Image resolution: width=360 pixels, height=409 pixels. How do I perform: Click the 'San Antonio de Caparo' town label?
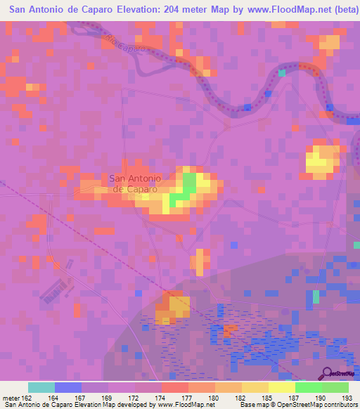pyautogui.click(x=136, y=183)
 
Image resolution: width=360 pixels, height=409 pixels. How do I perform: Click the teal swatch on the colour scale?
pyautogui.click(x=41, y=387)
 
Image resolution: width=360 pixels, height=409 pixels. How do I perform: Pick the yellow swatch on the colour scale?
pyautogui.click(x=282, y=387)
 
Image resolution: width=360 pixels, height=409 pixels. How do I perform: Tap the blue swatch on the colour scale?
pyautogui.click(x=68, y=387)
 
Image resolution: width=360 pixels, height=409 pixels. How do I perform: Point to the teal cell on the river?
pyautogui.click(x=282, y=72)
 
